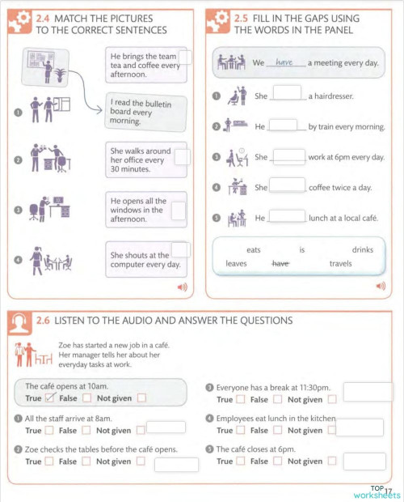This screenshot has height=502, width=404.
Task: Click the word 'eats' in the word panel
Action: (x=254, y=250)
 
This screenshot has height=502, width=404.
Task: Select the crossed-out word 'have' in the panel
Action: (x=280, y=263)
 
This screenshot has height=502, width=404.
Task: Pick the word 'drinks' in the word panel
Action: (x=363, y=250)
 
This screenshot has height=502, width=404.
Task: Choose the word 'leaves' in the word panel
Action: (x=236, y=263)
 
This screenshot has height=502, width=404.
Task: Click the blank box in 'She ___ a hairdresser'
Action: (x=287, y=95)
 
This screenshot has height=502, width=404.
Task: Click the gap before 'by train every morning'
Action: (x=283, y=126)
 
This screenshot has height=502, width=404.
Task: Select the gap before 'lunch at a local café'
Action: (x=286, y=217)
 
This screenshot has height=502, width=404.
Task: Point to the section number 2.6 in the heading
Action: (x=44, y=321)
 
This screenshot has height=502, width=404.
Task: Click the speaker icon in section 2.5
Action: (x=381, y=286)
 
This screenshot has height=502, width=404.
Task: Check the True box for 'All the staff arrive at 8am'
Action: (x=49, y=430)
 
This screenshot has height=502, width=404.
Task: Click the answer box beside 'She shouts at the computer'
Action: (x=180, y=250)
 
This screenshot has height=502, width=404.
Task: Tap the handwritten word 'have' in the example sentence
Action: (x=284, y=62)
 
